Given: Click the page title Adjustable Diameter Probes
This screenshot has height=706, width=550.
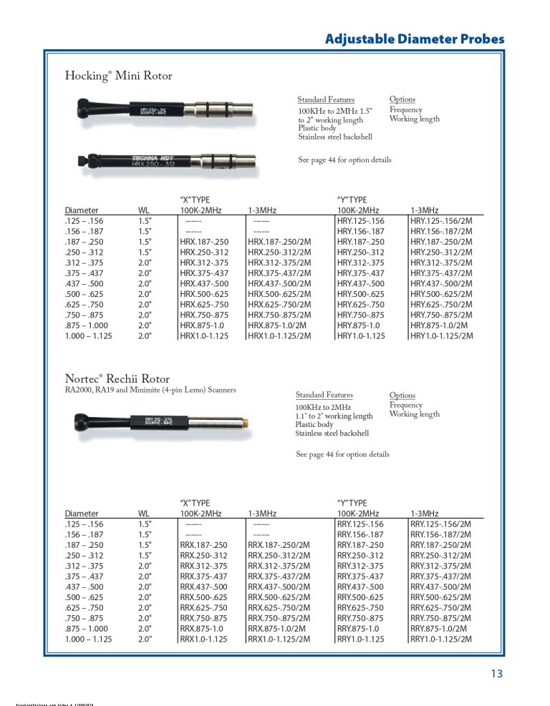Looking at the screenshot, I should (x=415, y=39).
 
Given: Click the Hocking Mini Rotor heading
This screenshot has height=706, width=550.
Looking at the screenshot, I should (x=118, y=75).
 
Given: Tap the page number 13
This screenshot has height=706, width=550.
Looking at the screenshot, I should (x=497, y=673).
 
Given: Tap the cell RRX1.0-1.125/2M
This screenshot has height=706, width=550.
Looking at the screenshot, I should (x=279, y=639).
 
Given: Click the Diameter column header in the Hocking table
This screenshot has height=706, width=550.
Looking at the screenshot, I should (x=82, y=210).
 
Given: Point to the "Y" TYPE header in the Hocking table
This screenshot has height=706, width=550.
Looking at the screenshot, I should (x=352, y=200).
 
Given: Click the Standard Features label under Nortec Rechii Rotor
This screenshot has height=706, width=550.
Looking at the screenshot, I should (x=324, y=395).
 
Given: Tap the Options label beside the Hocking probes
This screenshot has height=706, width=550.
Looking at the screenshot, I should (x=402, y=99).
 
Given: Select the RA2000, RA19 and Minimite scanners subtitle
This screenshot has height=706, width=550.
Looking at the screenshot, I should (x=150, y=390).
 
